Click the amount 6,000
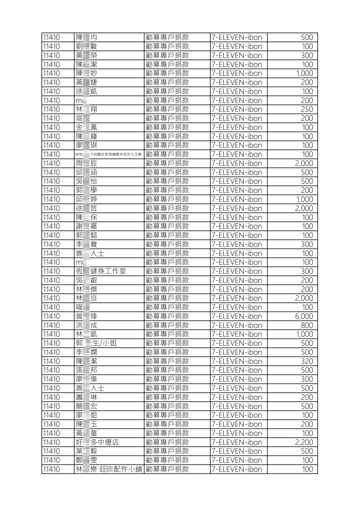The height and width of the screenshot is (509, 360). [x=304, y=316]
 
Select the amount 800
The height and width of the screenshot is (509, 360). [x=306, y=326]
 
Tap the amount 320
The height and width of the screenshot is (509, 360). [x=306, y=361]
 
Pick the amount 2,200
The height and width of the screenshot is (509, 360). [x=304, y=443]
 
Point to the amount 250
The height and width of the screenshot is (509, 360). [x=306, y=109]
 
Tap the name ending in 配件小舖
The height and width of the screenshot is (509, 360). [x=109, y=469]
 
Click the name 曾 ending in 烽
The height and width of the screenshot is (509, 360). [x=86, y=316]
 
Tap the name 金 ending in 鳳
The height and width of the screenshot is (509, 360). [x=86, y=128]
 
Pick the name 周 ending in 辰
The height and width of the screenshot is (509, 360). [x=86, y=164]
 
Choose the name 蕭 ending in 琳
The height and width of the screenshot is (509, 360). [x=86, y=397]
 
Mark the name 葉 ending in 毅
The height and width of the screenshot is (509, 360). [x=86, y=451]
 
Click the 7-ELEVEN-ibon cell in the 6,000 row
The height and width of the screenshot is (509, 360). [x=236, y=316]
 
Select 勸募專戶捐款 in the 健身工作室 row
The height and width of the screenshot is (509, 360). [x=167, y=271]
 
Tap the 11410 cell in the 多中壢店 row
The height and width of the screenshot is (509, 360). [x=51, y=443]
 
